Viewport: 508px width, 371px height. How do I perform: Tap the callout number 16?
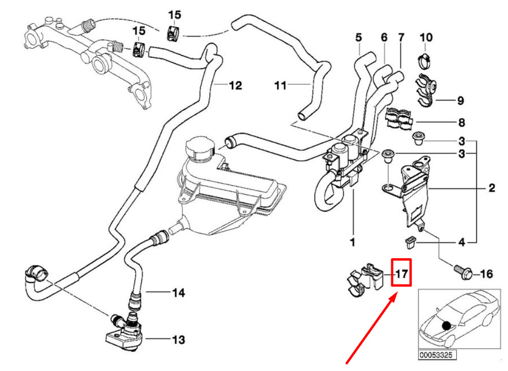click(x=486, y=275)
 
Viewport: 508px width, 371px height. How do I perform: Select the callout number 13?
click(x=178, y=339)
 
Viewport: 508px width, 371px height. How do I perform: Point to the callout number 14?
click(x=178, y=293)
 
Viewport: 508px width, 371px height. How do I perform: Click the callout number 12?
click(x=235, y=85)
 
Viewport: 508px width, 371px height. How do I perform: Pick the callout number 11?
click(x=281, y=86)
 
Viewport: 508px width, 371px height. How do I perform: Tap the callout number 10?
click(x=426, y=37)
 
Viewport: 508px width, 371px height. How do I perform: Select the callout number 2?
click(x=491, y=189)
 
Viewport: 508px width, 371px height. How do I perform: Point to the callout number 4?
click(x=461, y=243)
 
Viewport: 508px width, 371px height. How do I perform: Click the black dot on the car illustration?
click(x=446, y=326)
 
